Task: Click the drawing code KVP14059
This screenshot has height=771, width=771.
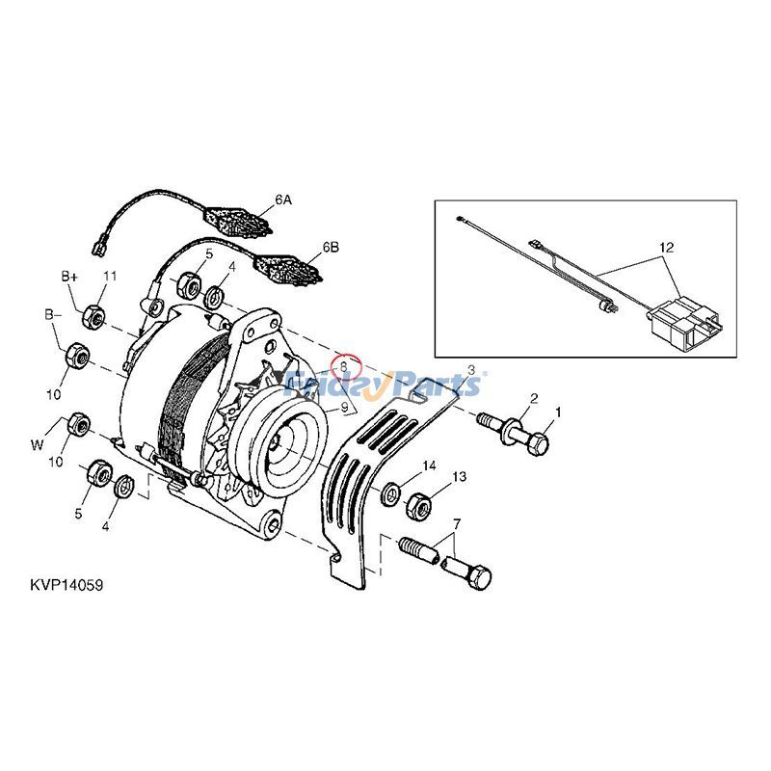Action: [66, 586]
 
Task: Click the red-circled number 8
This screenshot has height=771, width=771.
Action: [344, 366]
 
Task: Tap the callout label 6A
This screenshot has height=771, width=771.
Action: [283, 199]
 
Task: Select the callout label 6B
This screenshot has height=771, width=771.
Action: [331, 247]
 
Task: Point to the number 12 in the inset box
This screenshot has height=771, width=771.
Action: [666, 248]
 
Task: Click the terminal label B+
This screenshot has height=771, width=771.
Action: [69, 277]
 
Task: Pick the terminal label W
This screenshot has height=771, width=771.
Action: [37, 445]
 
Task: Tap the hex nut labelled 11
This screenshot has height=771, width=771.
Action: [93, 316]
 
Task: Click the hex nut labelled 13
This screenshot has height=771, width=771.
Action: [419, 505]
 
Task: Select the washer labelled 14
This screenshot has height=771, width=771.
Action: [391, 494]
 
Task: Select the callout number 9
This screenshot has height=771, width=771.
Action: [344, 408]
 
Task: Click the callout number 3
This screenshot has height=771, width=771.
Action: [470, 370]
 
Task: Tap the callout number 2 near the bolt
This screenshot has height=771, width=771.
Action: [534, 398]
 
